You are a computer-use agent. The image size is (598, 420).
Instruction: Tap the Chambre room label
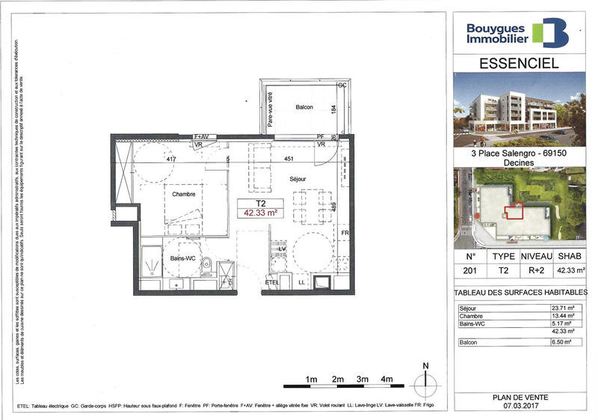pos(183,194)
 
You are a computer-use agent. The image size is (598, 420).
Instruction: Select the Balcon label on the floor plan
pos(303,107)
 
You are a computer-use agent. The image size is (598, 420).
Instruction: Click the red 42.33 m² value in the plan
pos(259,213)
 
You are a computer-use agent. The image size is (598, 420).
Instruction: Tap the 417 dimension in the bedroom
pos(170,159)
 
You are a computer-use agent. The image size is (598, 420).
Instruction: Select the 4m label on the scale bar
pos(387,380)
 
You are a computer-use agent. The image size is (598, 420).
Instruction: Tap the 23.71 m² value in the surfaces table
pos(561,307)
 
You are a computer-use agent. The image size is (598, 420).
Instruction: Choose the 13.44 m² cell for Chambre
pos(561,315)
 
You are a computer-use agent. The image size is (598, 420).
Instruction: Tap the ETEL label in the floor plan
pos(271,282)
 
